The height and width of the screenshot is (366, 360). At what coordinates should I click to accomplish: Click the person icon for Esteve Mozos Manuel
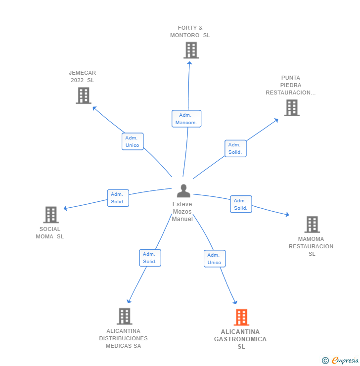(183, 191)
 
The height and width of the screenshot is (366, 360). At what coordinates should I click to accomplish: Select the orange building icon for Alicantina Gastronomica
(241, 317)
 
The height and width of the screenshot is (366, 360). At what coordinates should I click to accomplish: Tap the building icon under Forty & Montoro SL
(191, 50)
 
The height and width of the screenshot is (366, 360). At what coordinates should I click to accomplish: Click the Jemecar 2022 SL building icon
(84, 95)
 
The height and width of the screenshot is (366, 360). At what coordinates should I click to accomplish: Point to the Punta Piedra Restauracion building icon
(292, 107)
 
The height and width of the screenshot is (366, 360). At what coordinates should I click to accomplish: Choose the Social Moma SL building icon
(51, 215)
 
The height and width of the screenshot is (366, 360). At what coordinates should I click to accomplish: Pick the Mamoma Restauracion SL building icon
(312, 225)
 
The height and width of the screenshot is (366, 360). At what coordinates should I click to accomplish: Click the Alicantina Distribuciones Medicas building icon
(124, 316)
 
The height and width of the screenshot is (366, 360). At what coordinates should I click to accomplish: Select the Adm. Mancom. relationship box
(186, 119)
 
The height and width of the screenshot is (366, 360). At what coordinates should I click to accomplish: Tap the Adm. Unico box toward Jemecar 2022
(133, 141)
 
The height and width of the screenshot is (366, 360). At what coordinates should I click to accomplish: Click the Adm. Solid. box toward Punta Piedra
(235, 148)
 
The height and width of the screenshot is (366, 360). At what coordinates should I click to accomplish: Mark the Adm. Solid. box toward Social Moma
(118, 198)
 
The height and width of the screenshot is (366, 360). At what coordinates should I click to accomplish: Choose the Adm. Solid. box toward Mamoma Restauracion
(241, 204)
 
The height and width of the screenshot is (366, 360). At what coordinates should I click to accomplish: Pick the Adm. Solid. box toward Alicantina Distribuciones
(150, 258)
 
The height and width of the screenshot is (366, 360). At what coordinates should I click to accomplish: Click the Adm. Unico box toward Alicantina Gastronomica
(215, 259)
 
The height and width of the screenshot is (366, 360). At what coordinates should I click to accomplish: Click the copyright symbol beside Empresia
(325, 361)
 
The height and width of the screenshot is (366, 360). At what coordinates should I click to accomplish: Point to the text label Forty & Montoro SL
(190, 32)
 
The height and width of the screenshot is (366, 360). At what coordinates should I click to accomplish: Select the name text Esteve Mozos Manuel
(182, 212)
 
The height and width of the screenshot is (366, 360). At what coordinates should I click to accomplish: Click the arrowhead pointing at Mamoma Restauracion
(286, 215)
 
